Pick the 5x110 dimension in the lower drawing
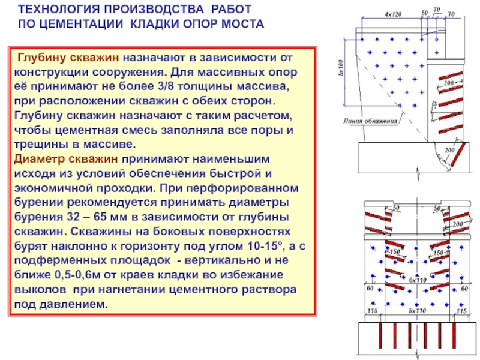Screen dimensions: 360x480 [416, 311]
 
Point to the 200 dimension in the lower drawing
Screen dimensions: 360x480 [458, 223]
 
